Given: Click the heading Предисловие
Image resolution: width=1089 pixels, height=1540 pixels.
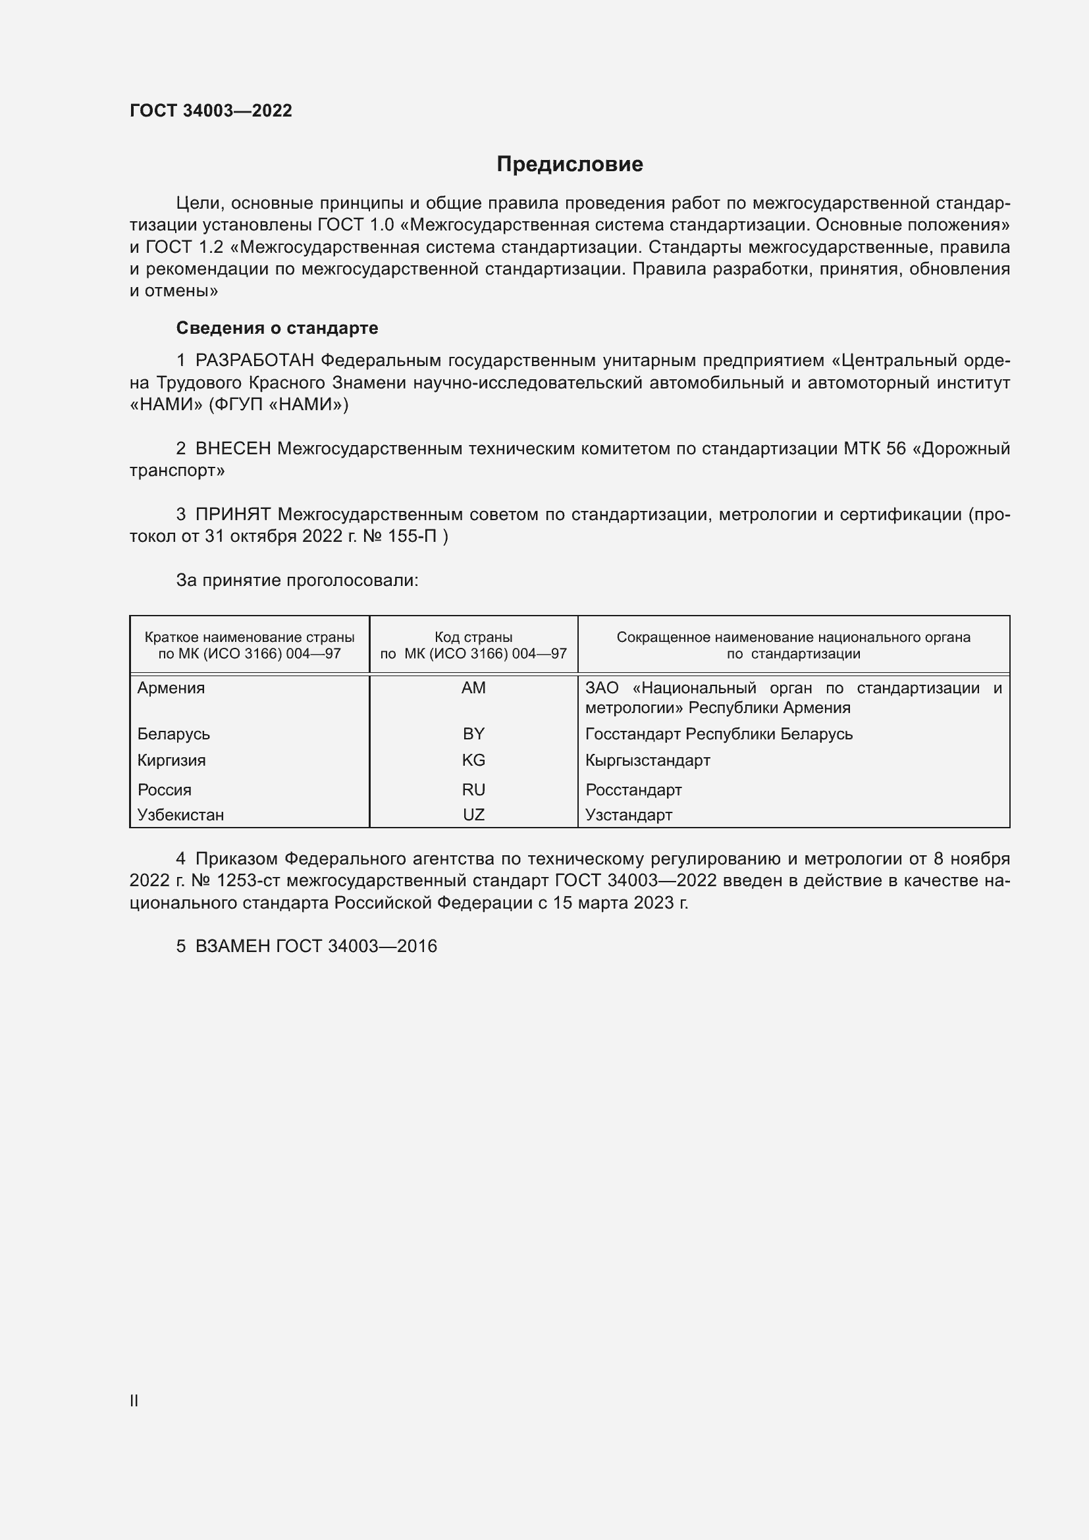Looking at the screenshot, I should (570, 165).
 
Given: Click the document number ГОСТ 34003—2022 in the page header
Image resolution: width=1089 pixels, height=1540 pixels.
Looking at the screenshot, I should (211, 111).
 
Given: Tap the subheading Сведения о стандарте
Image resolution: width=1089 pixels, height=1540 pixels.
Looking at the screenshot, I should (277, 328).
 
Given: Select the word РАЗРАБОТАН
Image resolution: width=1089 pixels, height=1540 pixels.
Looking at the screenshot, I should (255, 361).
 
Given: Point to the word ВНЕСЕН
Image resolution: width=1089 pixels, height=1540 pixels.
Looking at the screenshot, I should (232, 448).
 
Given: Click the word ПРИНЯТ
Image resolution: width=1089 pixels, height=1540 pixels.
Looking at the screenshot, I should (232, 514).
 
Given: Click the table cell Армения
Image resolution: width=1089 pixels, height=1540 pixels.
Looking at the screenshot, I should (171, 688).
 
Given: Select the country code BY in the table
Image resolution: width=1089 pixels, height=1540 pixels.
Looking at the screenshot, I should (473, 733).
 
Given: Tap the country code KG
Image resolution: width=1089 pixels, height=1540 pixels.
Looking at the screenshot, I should (473, 760).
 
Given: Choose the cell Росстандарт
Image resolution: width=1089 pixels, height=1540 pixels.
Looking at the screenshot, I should (633, 790).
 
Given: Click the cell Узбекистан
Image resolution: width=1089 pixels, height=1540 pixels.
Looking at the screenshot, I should (180, 815).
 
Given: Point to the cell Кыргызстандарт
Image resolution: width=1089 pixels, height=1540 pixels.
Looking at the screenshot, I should (647, 760).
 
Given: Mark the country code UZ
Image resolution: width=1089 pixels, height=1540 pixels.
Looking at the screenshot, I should (473, 815).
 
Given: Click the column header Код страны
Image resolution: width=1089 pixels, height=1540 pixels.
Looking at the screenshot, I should (473, 637).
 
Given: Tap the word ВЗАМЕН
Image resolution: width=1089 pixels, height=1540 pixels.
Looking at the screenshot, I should (232, 946).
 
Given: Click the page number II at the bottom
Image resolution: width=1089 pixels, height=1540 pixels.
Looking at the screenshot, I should (134, 1400).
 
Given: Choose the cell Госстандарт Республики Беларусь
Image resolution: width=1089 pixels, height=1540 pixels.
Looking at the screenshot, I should (719, 733).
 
